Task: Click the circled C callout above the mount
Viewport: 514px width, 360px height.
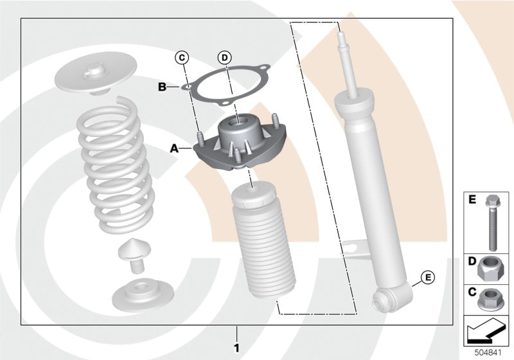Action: pos(182,58)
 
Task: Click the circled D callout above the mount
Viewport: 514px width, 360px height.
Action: pos(224,58)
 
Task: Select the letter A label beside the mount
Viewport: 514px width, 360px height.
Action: pos(173,148)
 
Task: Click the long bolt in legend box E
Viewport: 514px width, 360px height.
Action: pos(493,221)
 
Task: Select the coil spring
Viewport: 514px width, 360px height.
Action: pos(116,164)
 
